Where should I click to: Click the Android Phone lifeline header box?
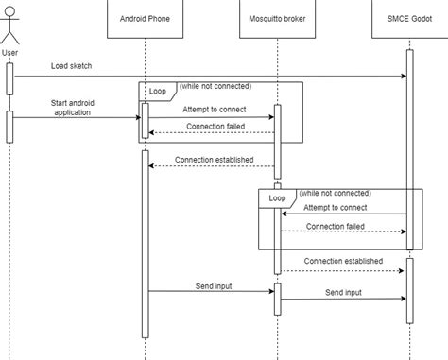coord(145,19)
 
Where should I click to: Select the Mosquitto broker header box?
coord(276,19)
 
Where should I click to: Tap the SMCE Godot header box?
coord(408,19)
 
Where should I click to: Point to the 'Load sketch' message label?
coord(72,65)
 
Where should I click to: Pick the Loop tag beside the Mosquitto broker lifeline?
coord(277,198)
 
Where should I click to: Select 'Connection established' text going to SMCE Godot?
coord(343,261)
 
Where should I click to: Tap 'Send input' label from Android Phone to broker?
coord(214,284)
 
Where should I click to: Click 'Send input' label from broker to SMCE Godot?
coord(343,293)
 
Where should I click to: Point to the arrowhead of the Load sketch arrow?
coord(403,76)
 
